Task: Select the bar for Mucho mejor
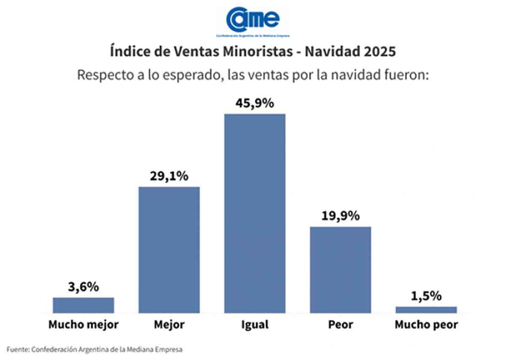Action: [83, 305]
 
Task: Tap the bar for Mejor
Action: [169, 249]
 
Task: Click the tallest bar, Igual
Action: [255, 213]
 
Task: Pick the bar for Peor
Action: [340, 270]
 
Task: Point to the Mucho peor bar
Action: [426, 309]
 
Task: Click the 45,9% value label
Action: [255, 103]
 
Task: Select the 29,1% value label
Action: [169, 176]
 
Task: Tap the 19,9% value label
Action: [340, 216]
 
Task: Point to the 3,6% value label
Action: [83, 287]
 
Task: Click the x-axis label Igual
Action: [255, 325]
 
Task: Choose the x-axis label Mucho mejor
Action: [83, 325]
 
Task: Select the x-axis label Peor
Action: [340, 325]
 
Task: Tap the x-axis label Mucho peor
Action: [426, 325]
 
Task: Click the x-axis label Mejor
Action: [169, 325]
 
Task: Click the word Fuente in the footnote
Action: [17, 349]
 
